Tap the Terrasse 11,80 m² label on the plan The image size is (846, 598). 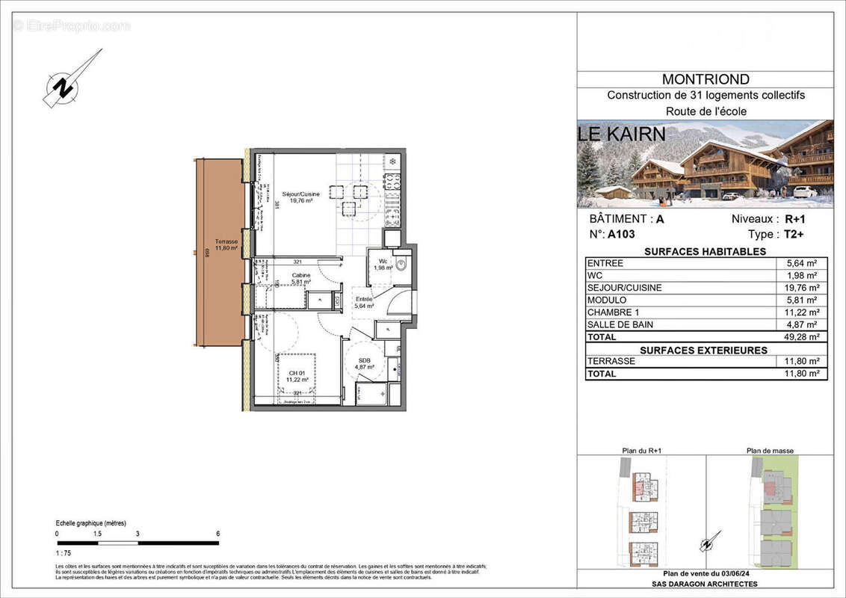tap(226, 245)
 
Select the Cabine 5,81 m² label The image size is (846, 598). tap(301, 278)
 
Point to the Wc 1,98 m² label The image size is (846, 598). tap(383, 265)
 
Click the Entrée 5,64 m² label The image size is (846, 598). tap(364, 302)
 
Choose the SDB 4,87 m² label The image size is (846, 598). tap(363, 363)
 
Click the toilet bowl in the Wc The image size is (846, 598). tap(400, 263)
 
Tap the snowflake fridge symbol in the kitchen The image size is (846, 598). tap(392, 161)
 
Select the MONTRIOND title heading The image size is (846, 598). tap(705, 79)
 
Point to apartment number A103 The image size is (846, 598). tap(621, 234)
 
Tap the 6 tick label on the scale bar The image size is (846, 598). tap(217, 534)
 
